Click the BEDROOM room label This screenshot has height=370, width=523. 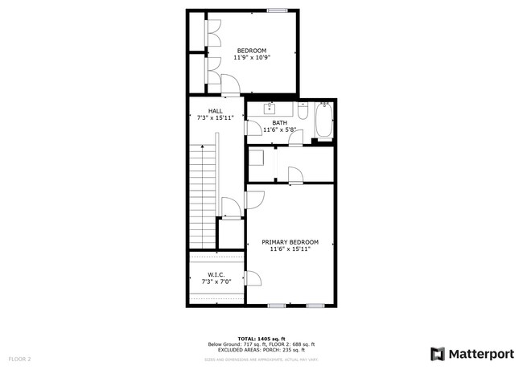[x=251, y=51]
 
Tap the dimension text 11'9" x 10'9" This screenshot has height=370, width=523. [x=251, y=58]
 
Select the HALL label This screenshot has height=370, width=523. [x=216, y=111]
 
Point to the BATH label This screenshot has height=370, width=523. [x=279, y=122]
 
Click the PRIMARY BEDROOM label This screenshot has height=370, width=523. [x=290, y=242]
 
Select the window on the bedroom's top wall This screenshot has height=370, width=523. [x=278, y=10]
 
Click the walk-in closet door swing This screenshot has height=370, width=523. [x=253, y=279]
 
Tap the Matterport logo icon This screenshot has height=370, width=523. [x=438, y=353]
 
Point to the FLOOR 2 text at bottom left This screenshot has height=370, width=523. [x=19, y=358]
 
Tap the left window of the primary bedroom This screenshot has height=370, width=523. [x=278, y=306]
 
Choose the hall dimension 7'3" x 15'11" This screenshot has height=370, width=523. [x=216, y=118]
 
